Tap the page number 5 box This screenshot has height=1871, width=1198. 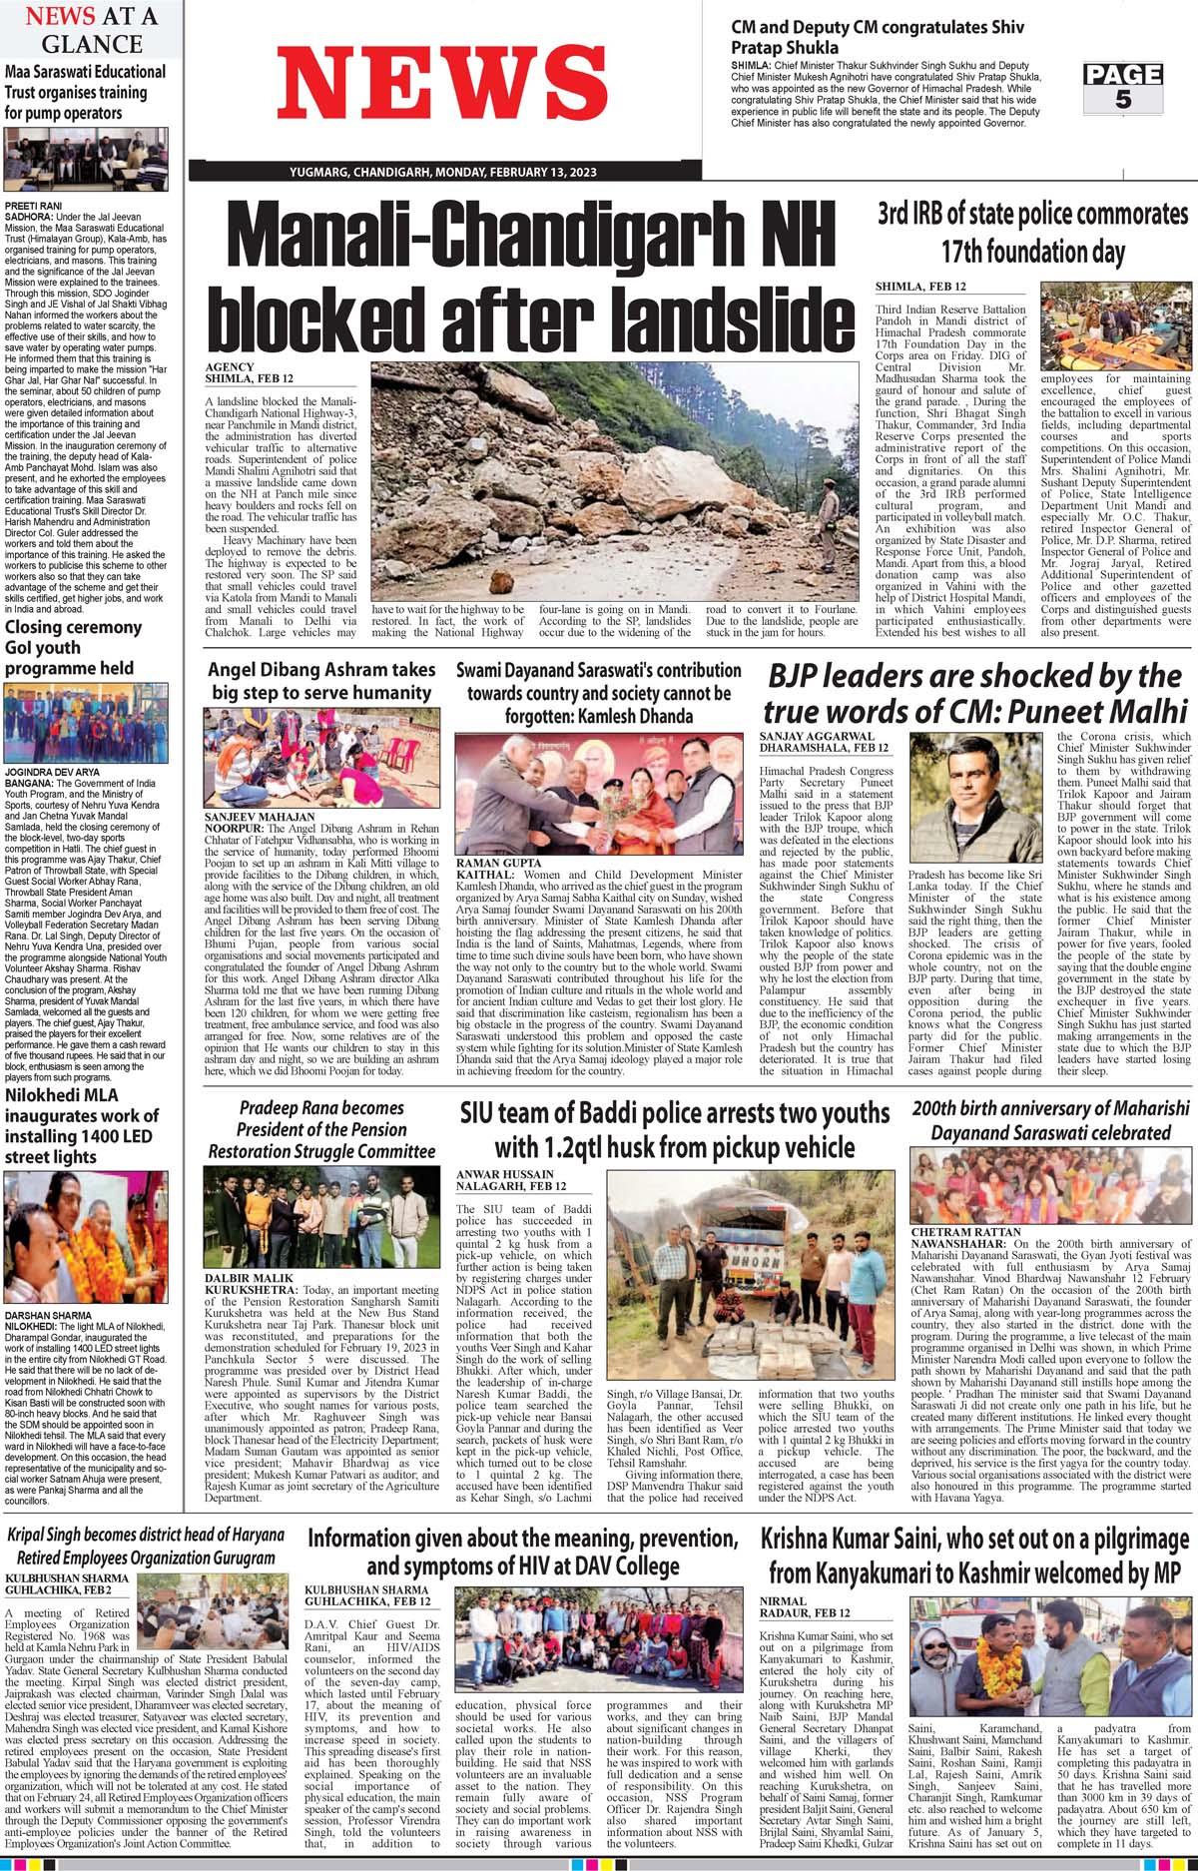coord(1123,87)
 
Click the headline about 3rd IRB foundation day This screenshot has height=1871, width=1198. coord(1032,231)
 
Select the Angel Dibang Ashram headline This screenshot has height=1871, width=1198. coord(320,681)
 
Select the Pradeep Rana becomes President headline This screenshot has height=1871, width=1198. coord(321,1129)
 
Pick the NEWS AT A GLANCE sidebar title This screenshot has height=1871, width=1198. coord(91,30)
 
